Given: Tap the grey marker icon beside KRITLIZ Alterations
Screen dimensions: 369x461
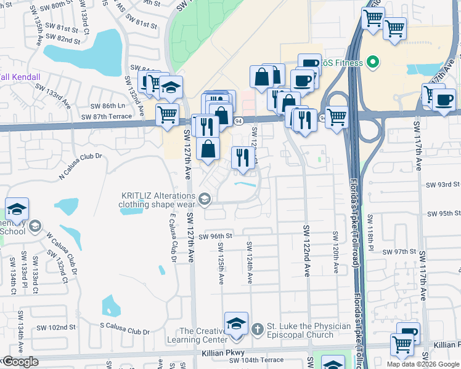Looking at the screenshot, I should pos(205,199).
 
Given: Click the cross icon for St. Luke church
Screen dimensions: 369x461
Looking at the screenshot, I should pos(257,330).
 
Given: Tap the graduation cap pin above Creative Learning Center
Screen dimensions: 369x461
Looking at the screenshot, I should pos(236,323).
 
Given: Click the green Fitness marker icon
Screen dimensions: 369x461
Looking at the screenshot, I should pos(372,62).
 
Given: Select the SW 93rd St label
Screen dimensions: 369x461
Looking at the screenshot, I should pos(444,184).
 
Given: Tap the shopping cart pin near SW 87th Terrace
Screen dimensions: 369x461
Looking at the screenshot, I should pos(167,114).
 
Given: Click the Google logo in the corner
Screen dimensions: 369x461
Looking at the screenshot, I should pos(20,362).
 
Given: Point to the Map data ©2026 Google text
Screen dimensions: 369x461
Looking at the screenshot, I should pos(423,365).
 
